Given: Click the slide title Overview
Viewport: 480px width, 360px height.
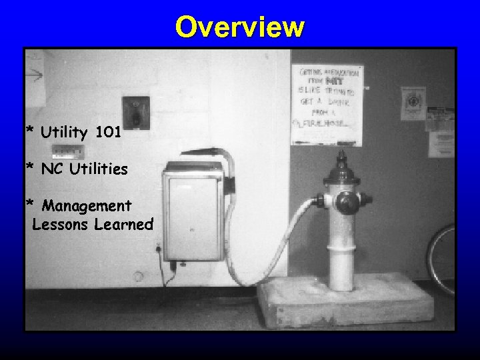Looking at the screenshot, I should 240,27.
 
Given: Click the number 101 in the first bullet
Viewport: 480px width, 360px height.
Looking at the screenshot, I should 108,133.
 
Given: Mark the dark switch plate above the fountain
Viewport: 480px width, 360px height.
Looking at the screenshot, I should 135,111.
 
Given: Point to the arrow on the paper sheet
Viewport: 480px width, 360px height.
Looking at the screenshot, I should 33,75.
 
